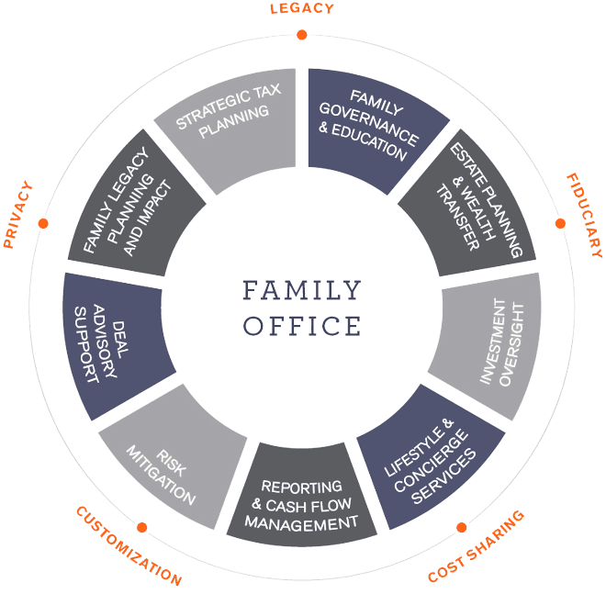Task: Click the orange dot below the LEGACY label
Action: [302, 35]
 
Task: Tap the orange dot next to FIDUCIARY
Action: [560, 223]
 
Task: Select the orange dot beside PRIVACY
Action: [43, 223]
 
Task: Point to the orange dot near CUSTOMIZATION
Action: [142, 527]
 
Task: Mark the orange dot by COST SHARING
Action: [462, 527]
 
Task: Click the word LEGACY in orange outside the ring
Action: [302, 8]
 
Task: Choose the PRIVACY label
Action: [17, 214]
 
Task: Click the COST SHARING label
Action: [477, 546]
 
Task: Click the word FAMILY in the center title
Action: [302, 291]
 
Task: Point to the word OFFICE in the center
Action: [302, 326]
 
